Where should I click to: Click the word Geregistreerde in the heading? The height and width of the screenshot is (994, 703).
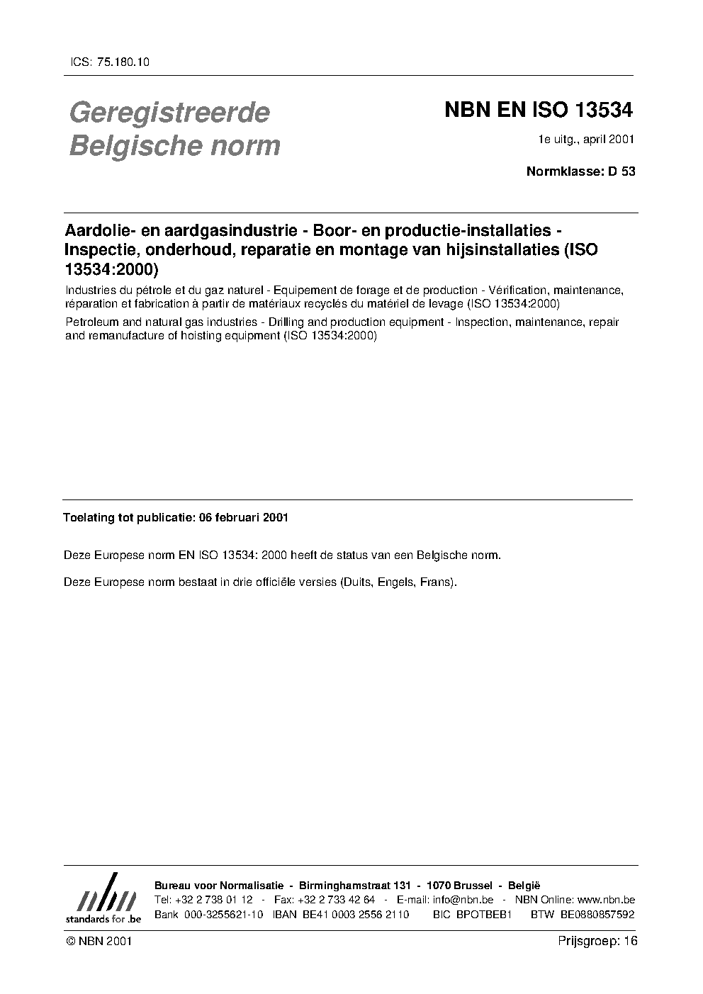tap(169, 112)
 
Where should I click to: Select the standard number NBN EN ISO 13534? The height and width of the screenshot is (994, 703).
tap(538, 111)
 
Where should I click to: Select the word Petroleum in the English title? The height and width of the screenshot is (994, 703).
tap(89, 322)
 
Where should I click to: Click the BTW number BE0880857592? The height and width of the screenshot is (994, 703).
tap(597, 915)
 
